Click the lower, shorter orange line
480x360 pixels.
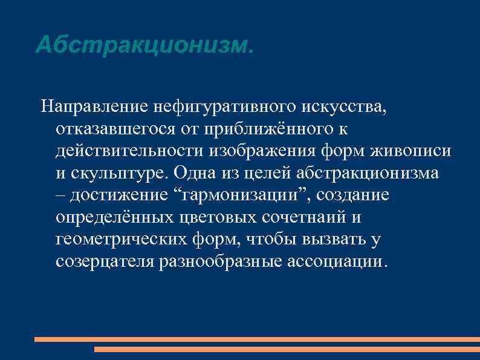(x=287, y=349)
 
